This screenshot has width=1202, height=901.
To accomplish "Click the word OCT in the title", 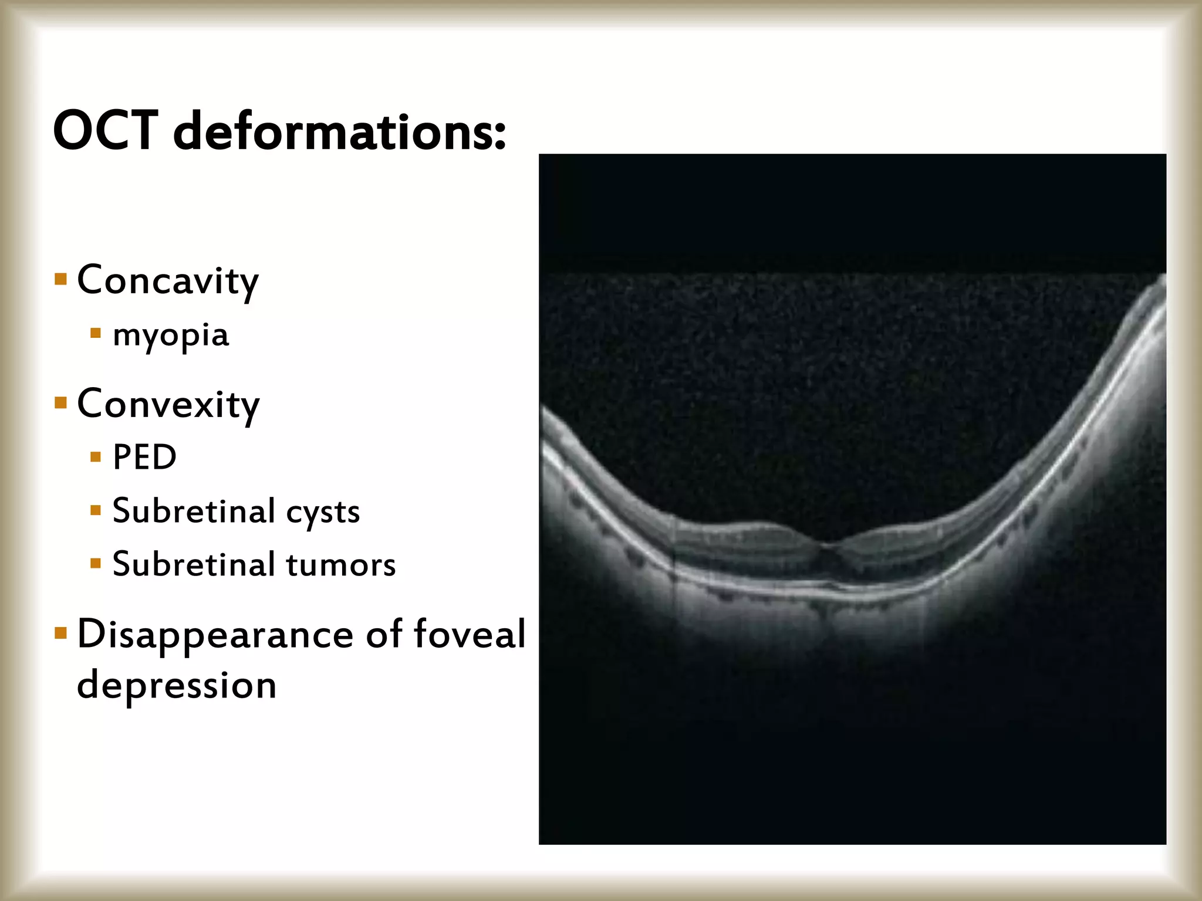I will click(106, 130).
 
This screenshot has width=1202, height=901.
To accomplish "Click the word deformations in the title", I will click(339, 130).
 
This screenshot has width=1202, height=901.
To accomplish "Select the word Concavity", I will click(168, 280).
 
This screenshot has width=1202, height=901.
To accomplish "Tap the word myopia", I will click(171, 336).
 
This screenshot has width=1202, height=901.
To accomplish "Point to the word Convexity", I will click(168, 404).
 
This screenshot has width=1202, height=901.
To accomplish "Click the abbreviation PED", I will click(144, 457).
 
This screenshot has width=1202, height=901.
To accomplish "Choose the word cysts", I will click(323, 512).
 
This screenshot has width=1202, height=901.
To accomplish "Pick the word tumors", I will click(342, 564).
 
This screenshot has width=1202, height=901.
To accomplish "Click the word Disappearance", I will click(215, 635).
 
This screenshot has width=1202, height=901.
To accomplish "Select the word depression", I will click(177, 685).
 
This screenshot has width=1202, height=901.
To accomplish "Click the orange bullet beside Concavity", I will click(60, 278).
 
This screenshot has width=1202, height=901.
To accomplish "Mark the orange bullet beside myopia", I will click(96, 334).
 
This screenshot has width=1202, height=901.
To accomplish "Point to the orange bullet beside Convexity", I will click(60, 402).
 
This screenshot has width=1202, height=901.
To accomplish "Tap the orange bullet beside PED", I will click(96, 456).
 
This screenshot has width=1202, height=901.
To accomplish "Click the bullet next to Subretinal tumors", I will click(96, 564).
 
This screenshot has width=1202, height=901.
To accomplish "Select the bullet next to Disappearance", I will click(60, 633).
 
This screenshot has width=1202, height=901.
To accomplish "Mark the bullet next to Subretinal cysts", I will click(96, 510).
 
